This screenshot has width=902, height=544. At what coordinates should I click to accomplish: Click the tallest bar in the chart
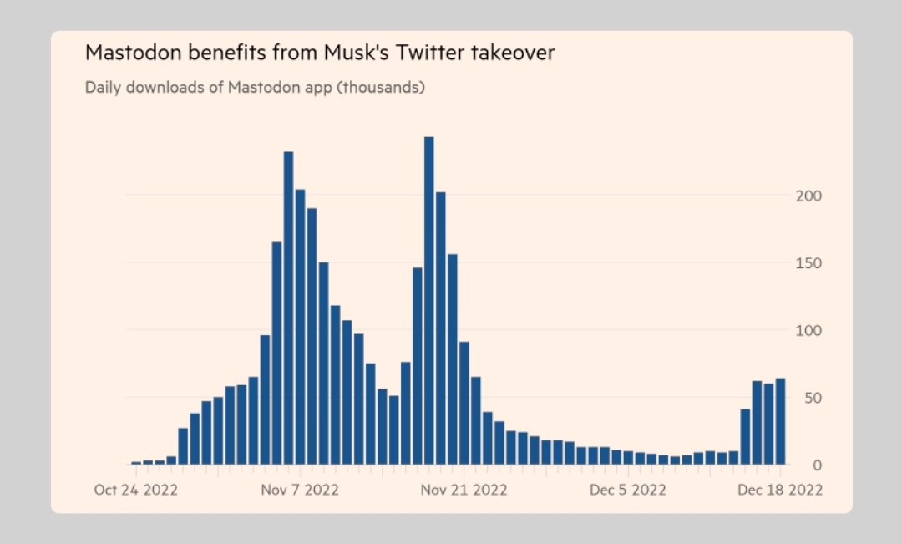(x=428, y=301)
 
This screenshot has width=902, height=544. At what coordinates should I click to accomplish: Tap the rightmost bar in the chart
(x=780, y=421)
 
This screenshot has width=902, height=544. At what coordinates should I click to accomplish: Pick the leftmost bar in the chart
(x=136, y=462)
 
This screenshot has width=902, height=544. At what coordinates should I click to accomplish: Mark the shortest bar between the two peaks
(x=393, y=430)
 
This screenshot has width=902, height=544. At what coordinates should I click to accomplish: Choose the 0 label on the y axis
(x=818, y=465)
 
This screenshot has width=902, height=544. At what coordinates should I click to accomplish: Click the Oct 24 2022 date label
(x=135, y=490)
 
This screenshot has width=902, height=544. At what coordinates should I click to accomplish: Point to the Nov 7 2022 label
(x=300, y=490)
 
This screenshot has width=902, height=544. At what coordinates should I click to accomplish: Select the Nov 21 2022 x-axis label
(x=463, y=490)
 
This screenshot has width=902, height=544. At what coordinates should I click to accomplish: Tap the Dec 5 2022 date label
(x=627, y=490)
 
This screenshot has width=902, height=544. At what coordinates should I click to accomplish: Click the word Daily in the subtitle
(x=102, y=87)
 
